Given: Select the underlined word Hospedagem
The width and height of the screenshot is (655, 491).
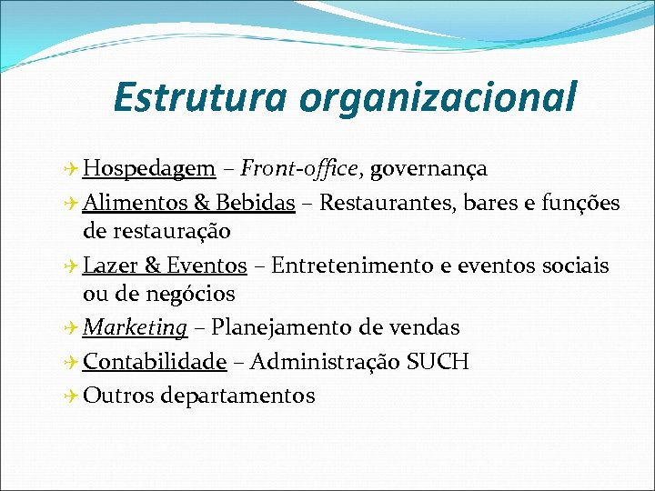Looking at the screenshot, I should pyautogui.click(x=148, y=169).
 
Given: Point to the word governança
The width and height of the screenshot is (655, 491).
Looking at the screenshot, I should pyautogui.click(x=428, y=169).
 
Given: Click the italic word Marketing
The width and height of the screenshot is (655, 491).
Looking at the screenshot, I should pyautogui.click(x=135, y=327).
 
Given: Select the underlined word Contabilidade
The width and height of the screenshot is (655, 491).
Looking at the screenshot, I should pyautogui.click(x=154, y=362).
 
